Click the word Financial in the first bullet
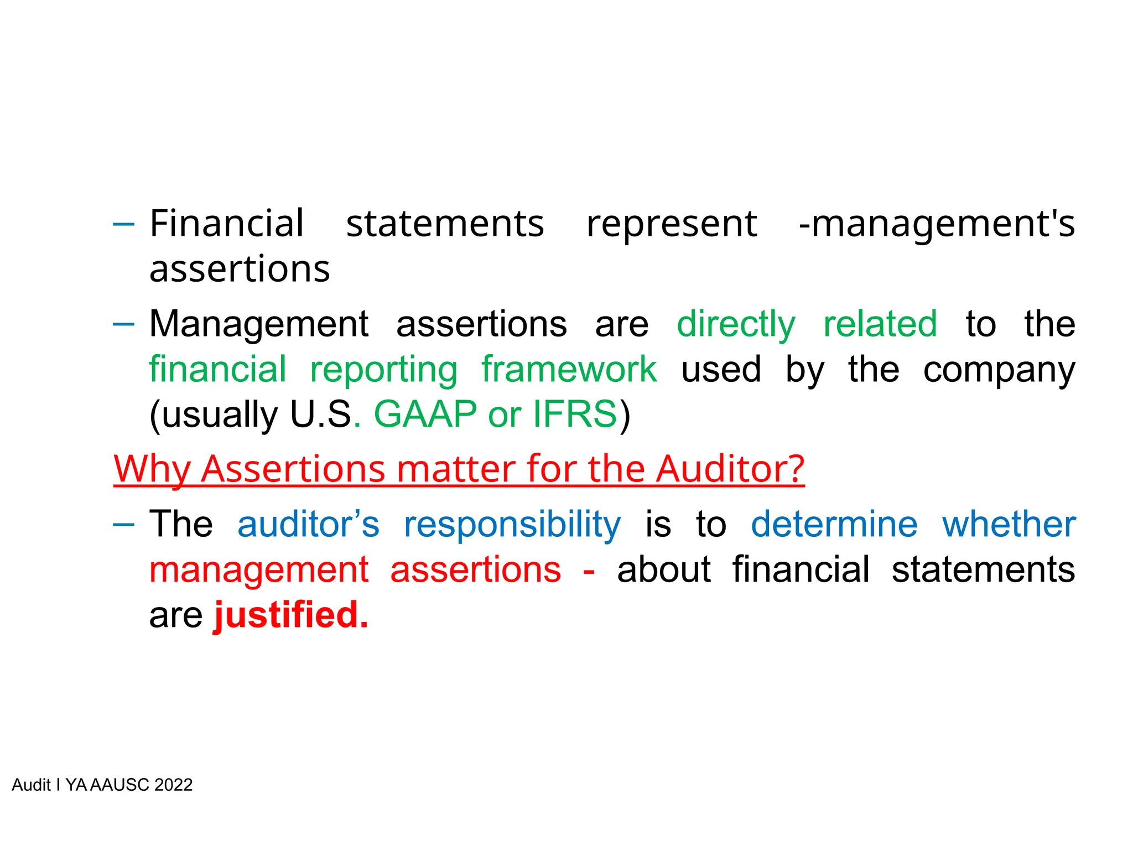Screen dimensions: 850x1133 pyautogui.click(x=227, y=224)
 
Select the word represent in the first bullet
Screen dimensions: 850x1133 pyautogui.click(x=672, y=225)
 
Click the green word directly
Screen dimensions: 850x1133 pyautogui.click(x=736, y=325)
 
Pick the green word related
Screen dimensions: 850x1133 pyautogui.click(x=880, y=324)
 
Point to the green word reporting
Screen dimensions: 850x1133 pyautogui.click(x=383, y=370)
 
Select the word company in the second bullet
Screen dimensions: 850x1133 pyautogui.click(x=999, y=370)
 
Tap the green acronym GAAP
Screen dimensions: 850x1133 pyautogui.click(x=425, y=414)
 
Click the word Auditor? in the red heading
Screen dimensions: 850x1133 pyautogui.click(x=730, y=469)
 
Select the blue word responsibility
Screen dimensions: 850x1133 pyautogui.click(x=512, y=525)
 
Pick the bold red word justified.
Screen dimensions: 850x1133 pyautogui.click(x=291, y=615)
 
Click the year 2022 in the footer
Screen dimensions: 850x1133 pyautogui.click(x=173, y=785)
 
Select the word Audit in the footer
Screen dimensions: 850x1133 pyautogui.click(x=31, y=785)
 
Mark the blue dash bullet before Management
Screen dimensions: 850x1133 pyautogui.click(x=123, y=324)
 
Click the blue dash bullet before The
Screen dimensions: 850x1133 pyautogui.click(x=123, y=524)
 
